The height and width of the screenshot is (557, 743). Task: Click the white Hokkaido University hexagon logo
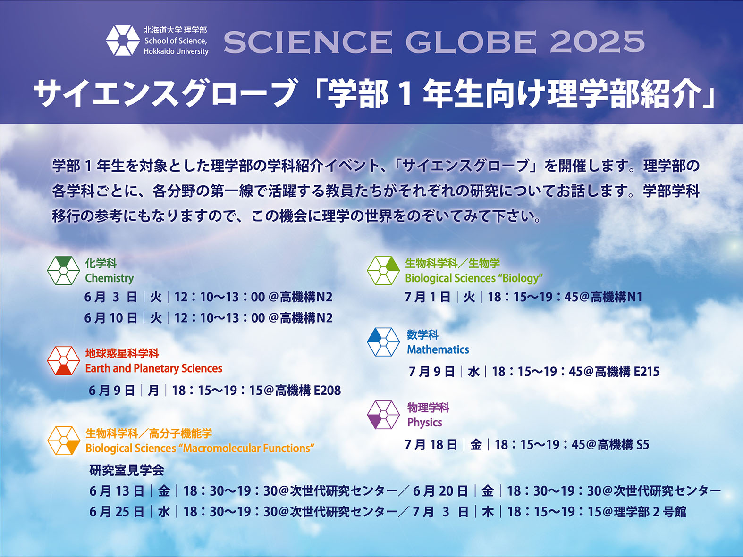coord(123,40)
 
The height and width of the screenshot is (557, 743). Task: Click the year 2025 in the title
coord(597,42)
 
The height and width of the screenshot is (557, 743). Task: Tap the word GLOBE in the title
coord(471,42)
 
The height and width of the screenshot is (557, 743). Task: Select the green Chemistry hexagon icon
coord(63,271)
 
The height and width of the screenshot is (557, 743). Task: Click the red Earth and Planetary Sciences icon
coord(63,360)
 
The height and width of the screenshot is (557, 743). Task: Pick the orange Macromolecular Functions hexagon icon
coord(64,441)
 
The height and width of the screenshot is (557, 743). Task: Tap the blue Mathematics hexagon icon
coord(383,342)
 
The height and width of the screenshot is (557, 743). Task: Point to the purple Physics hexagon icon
coord(383,415)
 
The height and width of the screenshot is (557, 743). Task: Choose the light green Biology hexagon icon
coord(383,271)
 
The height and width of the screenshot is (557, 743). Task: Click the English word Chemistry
coord(110,278)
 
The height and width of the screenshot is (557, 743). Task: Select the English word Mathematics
coord(438,349)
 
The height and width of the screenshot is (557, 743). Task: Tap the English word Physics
coord(424,423)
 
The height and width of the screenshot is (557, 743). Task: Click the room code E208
coord(327,391)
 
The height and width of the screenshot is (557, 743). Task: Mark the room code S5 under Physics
coord(642,444)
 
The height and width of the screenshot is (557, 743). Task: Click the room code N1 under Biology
coord(635,297)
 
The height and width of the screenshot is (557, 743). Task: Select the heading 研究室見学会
coord(127,470)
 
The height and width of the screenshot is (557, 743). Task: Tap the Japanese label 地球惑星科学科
coord(122,354)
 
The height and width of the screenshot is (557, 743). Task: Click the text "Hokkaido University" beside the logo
coord(176,51)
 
